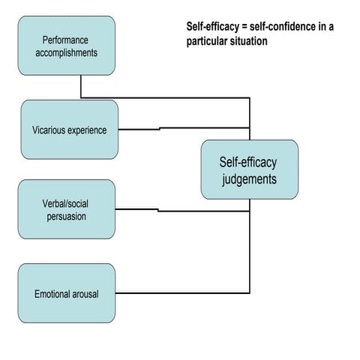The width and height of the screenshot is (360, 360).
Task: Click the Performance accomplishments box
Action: (67, 46)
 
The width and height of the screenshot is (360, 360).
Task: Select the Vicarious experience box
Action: (70, 130)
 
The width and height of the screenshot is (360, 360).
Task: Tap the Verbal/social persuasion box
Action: (67, 209)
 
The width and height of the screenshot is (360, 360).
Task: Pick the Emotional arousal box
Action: (67, 293)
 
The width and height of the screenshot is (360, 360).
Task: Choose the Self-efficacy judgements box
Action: (249, 169)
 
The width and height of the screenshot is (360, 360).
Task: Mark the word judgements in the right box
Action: (249, 179)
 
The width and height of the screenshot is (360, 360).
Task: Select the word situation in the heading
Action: (247, 40)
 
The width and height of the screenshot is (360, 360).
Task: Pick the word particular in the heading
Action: (205, 40)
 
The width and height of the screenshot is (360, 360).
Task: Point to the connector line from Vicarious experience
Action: (180, 128)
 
